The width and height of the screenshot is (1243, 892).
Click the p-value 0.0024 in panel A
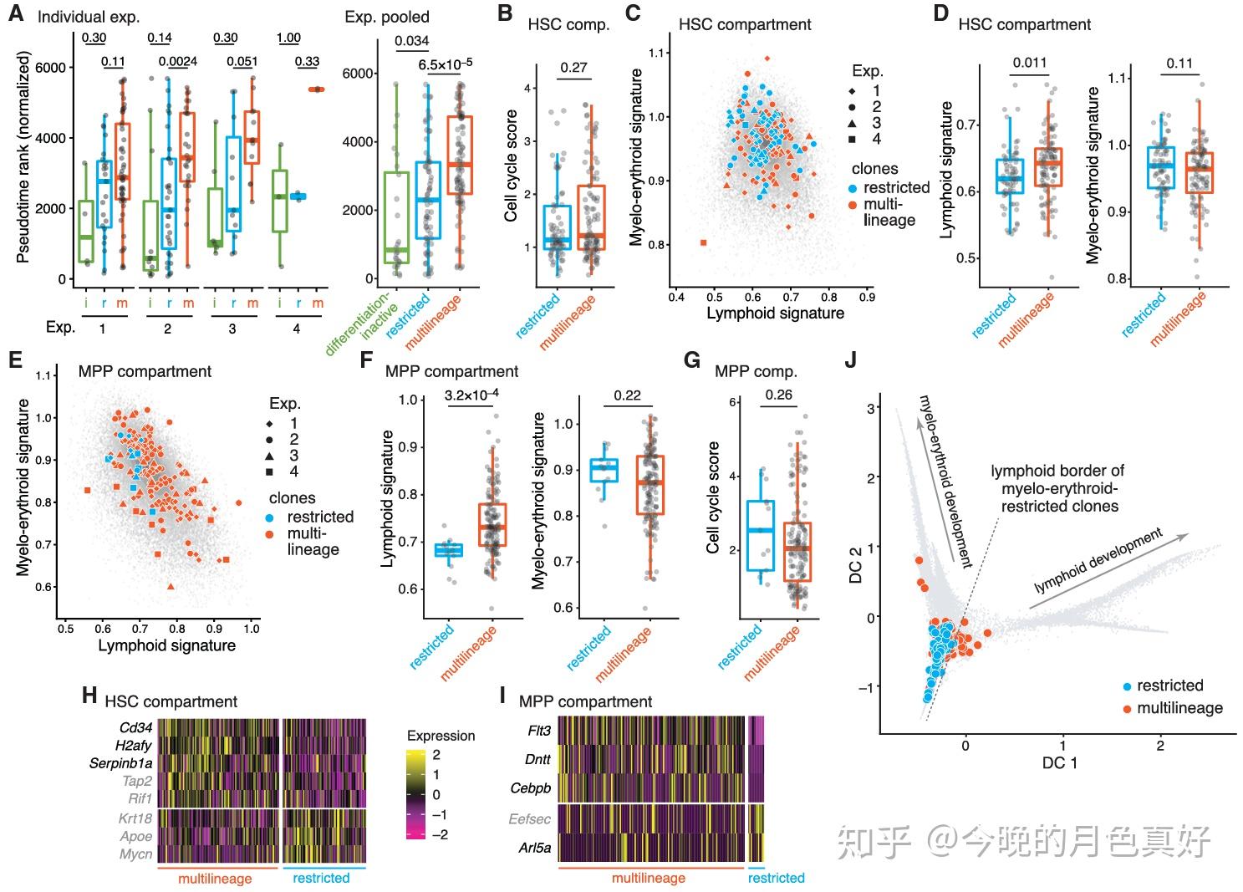(x=178, y=61)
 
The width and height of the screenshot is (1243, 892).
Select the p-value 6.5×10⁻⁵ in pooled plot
(x=445, y=64)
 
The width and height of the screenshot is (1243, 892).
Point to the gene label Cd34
(x=135, y=727)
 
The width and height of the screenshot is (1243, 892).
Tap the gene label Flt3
(x=539, y=731)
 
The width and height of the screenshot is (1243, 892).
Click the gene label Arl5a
(x=535, y=848)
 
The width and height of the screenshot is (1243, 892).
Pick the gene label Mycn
(x=136, y=854)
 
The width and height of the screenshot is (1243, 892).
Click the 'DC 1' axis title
(x=1059, y=763)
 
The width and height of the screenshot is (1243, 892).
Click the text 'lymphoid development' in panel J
(x=1098, y=561)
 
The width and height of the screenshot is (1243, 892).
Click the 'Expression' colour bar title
(x=441, y=736)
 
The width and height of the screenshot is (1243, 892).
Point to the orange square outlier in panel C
(x=703, y=242)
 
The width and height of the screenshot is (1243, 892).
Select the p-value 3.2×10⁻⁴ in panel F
(x=471, y=395)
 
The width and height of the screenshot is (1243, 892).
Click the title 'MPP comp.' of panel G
(x=756, y=371)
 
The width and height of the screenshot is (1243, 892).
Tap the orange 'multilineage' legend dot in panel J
(x=1127, y=708)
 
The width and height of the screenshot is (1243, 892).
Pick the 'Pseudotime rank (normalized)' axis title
(x=23, y=157)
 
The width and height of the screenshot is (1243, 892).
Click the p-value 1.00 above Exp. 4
(x=288, y=38)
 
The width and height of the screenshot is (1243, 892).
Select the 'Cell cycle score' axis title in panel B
(x=510, y=166)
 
